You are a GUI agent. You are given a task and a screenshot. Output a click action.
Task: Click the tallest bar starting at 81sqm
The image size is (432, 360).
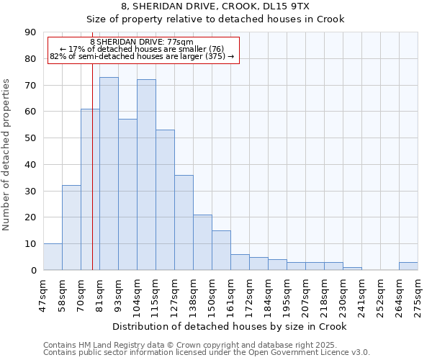(109, 174)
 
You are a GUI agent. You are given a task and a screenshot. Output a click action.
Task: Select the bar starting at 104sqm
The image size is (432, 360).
(146, 175)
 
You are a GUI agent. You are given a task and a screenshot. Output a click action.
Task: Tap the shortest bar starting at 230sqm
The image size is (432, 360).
(352, 269)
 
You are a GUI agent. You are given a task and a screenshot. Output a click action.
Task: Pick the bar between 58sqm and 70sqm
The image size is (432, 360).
(71, 228)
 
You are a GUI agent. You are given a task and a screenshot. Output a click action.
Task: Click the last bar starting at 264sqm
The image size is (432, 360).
(408, 266)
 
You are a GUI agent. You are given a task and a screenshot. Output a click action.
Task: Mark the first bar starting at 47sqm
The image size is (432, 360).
(53, 257)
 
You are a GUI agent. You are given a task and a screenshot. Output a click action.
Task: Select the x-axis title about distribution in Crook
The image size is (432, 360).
(230, 326)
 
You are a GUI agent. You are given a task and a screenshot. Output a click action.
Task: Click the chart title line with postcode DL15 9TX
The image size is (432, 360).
(215, 6)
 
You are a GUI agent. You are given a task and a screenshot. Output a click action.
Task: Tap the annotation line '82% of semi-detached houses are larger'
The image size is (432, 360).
(142, 56)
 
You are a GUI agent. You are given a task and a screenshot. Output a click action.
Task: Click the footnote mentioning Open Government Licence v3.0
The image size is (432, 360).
(207, 352)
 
